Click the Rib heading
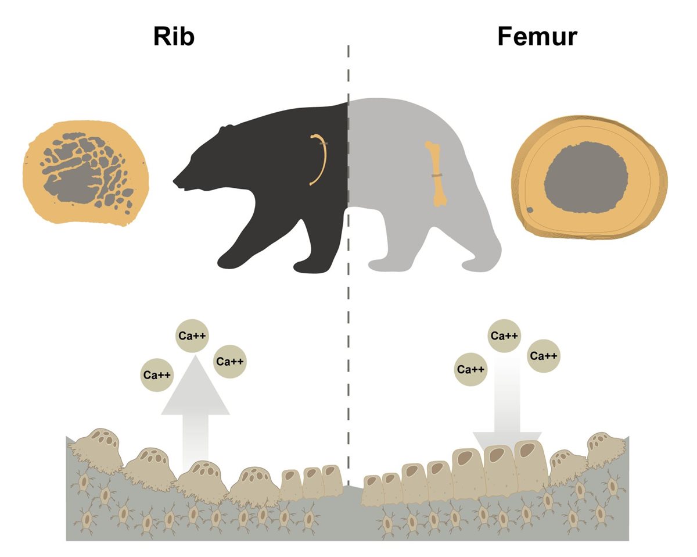(174, 37)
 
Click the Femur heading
(537, 37)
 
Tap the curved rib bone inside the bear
(318, 160)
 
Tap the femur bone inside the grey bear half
(436, 174)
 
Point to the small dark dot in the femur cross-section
(530, 210)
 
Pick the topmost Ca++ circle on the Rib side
(192, 335)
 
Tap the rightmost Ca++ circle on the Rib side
(230, 361)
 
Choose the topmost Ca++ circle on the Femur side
(504, 335)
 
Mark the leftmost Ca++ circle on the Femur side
(470, 369)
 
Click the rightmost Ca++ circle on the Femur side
(544, 356)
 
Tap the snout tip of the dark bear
(175, 177)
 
